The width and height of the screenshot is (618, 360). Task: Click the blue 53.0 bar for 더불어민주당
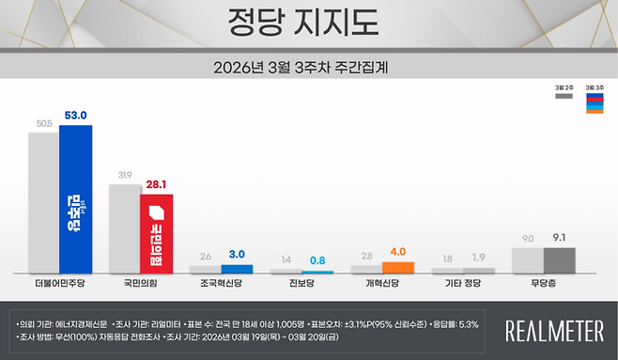click(x=75, y=199)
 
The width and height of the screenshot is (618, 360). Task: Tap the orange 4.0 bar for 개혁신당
click(x=398, y=267)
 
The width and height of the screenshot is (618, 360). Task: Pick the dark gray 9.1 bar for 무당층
click(x=560, y=260)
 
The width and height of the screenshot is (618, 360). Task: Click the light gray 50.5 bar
click(x=43, y=202)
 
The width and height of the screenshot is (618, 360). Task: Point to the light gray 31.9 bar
click(x=124, y=228)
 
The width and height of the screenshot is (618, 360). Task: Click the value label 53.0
click(x=76, y=116)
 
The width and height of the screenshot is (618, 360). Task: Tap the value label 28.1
click(x=157, y=185)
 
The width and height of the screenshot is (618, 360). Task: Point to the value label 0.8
click(x=318, y=260)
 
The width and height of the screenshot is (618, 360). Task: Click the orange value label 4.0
click(x=399, y=252)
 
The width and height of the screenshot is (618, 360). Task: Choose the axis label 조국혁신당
click(x=222, y=281)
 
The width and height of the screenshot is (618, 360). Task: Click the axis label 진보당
click(x=302, y=281)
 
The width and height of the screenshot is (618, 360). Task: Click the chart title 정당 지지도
click(x=309, y=22)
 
